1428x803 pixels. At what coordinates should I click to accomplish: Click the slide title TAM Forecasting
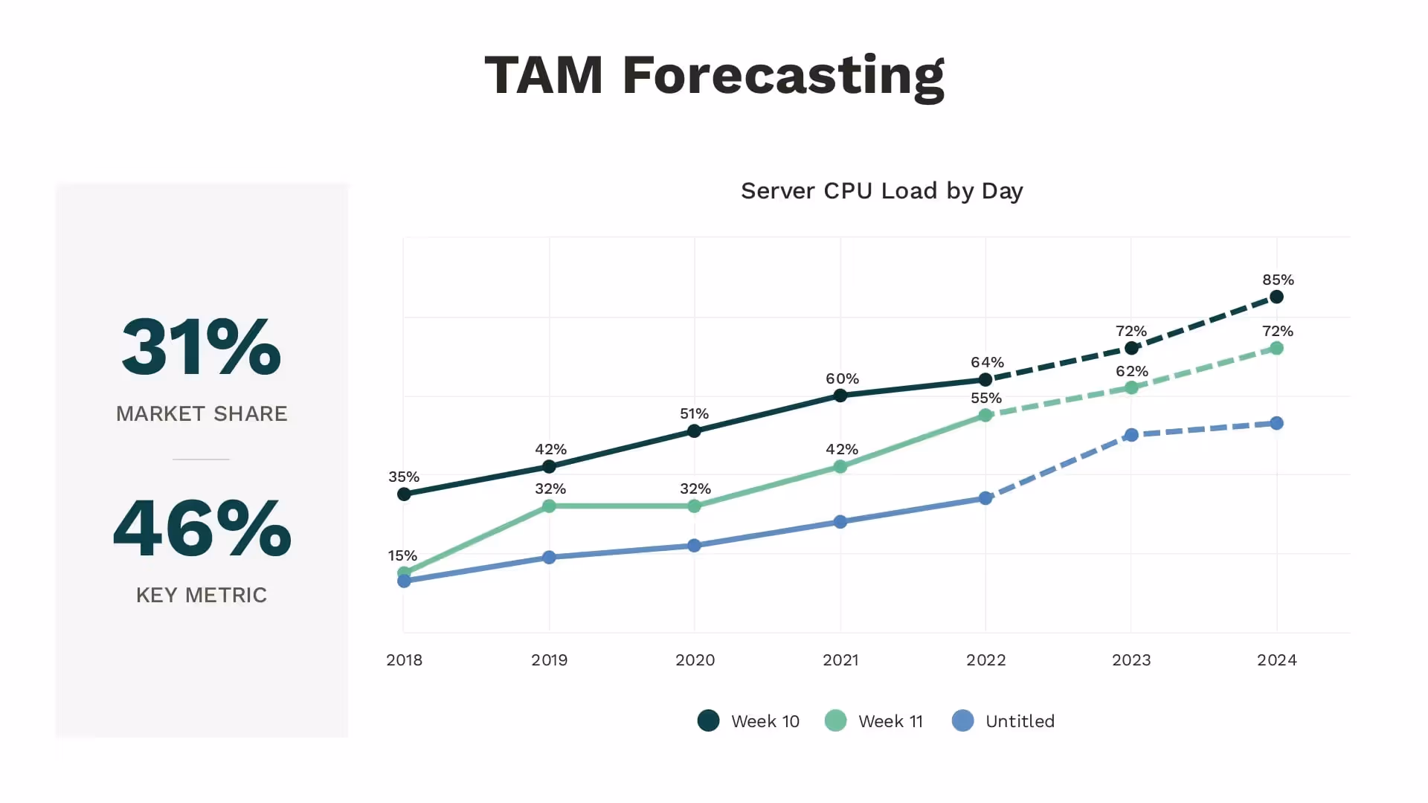pos(714,76)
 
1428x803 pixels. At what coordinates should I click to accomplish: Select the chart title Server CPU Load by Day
pos(881,191)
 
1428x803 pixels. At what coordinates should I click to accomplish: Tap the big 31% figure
pos(202,346)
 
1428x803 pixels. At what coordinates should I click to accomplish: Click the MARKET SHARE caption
pos(202,413)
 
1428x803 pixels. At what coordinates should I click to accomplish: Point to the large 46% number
pos(202,528)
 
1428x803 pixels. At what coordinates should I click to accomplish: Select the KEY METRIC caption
pos(202,595)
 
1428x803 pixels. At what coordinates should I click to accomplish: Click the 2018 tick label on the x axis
pos(404,660)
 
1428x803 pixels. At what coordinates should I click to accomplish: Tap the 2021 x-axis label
pos(840,660)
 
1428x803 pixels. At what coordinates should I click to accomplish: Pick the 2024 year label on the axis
pos(1276,660)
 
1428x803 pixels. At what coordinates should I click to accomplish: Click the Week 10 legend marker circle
pos(708,720)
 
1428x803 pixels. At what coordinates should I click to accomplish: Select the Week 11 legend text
pos(890,721)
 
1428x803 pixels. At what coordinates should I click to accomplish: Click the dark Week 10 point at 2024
pos(1276,297)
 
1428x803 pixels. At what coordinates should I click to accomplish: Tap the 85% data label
pos(1278,280)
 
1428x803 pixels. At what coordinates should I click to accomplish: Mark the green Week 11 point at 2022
pos(985,415)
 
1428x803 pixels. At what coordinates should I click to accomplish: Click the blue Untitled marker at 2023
pos(1131,435)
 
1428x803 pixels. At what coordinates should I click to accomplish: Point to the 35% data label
pos(404,477)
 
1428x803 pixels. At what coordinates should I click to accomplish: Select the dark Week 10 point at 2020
pos(694,431)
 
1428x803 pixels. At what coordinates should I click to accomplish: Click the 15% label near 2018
pos(402,555)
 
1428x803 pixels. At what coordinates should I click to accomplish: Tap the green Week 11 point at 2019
pos(549,506)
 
